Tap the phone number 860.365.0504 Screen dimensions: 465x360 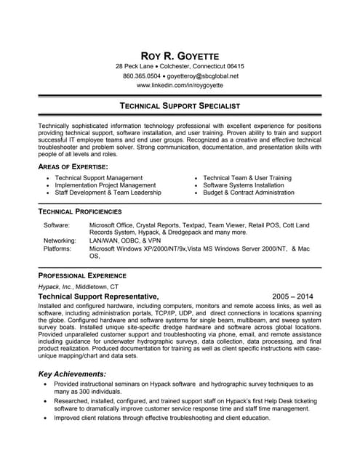pyautogui.click(x=141, y=76)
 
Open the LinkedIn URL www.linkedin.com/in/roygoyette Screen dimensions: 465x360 pyautogui.click(x=180, y=85)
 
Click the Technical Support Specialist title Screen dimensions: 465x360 pyautogui.click(x=180, y=106)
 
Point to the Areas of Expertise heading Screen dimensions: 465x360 pyautogui.click(x=73, y=166)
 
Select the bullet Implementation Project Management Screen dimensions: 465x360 pyautogui.click(x=105, y=185)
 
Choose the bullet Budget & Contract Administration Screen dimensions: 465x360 pyautogui.click(x=249, y=193)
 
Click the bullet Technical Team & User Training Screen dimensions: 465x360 pyautogui.click(x=247, y=177)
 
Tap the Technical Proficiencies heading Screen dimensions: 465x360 pyautogui.click(x=80, y=211)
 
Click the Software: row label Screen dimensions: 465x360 pyautogui.click(x=57, y=226)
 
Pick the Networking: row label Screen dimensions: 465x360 pyautogui.click(x=60, y=240)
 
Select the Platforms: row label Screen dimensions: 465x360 pyautogui.click(x=57, y=248)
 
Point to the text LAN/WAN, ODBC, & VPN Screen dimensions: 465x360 pyautogui.click(x=125, y=240)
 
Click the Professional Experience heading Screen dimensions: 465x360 pyautogui.click(x=82, y=276)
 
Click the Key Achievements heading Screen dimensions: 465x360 pyautogui.click(x=72, y=373)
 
